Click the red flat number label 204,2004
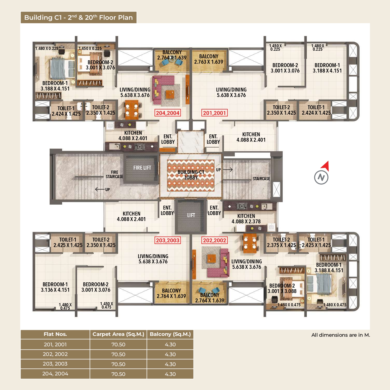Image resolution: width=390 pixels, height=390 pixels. point(168,113)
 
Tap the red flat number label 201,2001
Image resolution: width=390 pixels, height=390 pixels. point(214,113)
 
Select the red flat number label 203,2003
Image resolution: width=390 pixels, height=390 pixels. point(168,240)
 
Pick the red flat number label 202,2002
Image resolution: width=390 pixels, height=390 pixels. point(214,240)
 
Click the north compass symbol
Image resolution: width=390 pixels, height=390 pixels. point(322,173)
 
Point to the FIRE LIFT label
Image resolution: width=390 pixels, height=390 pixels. point(142,168)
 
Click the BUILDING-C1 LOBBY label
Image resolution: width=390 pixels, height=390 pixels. point(191,175)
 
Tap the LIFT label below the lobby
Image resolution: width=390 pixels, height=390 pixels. point(191,215)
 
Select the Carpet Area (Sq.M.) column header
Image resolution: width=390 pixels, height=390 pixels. point(118,334)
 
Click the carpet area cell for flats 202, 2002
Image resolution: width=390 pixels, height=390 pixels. point(118,354)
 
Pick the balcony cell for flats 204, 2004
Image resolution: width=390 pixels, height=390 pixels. point(170,374)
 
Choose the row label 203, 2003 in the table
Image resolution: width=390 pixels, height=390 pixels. point(55,364)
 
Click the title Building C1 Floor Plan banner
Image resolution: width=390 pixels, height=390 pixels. point(79,17)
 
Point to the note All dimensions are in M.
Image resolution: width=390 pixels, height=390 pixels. point(341,335)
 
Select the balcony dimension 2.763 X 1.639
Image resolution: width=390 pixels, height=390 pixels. point(209,62)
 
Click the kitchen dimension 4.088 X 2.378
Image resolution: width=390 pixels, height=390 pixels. point(246,222)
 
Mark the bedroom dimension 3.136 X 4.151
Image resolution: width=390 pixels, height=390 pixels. point(55,290)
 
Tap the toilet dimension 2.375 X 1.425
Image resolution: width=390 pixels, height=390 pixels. point(281,245)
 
